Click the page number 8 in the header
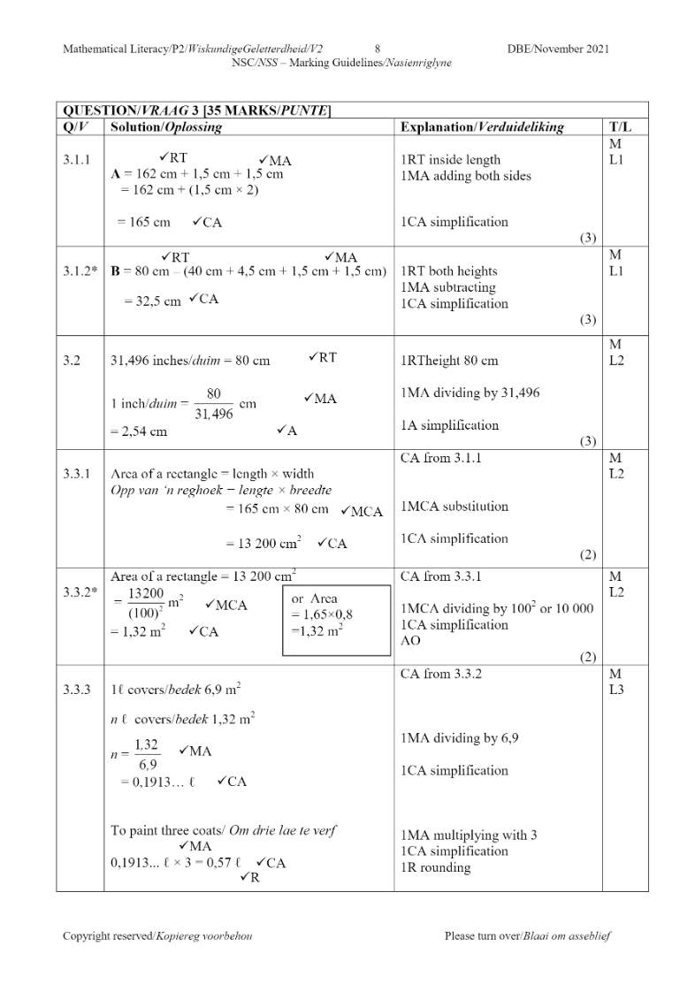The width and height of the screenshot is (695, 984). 378,49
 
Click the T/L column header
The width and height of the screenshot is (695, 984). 619,127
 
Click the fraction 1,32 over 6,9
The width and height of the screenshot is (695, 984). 146,753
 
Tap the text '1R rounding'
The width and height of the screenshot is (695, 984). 435,867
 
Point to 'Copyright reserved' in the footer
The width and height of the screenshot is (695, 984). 157,935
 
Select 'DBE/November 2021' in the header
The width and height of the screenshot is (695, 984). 558,49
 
